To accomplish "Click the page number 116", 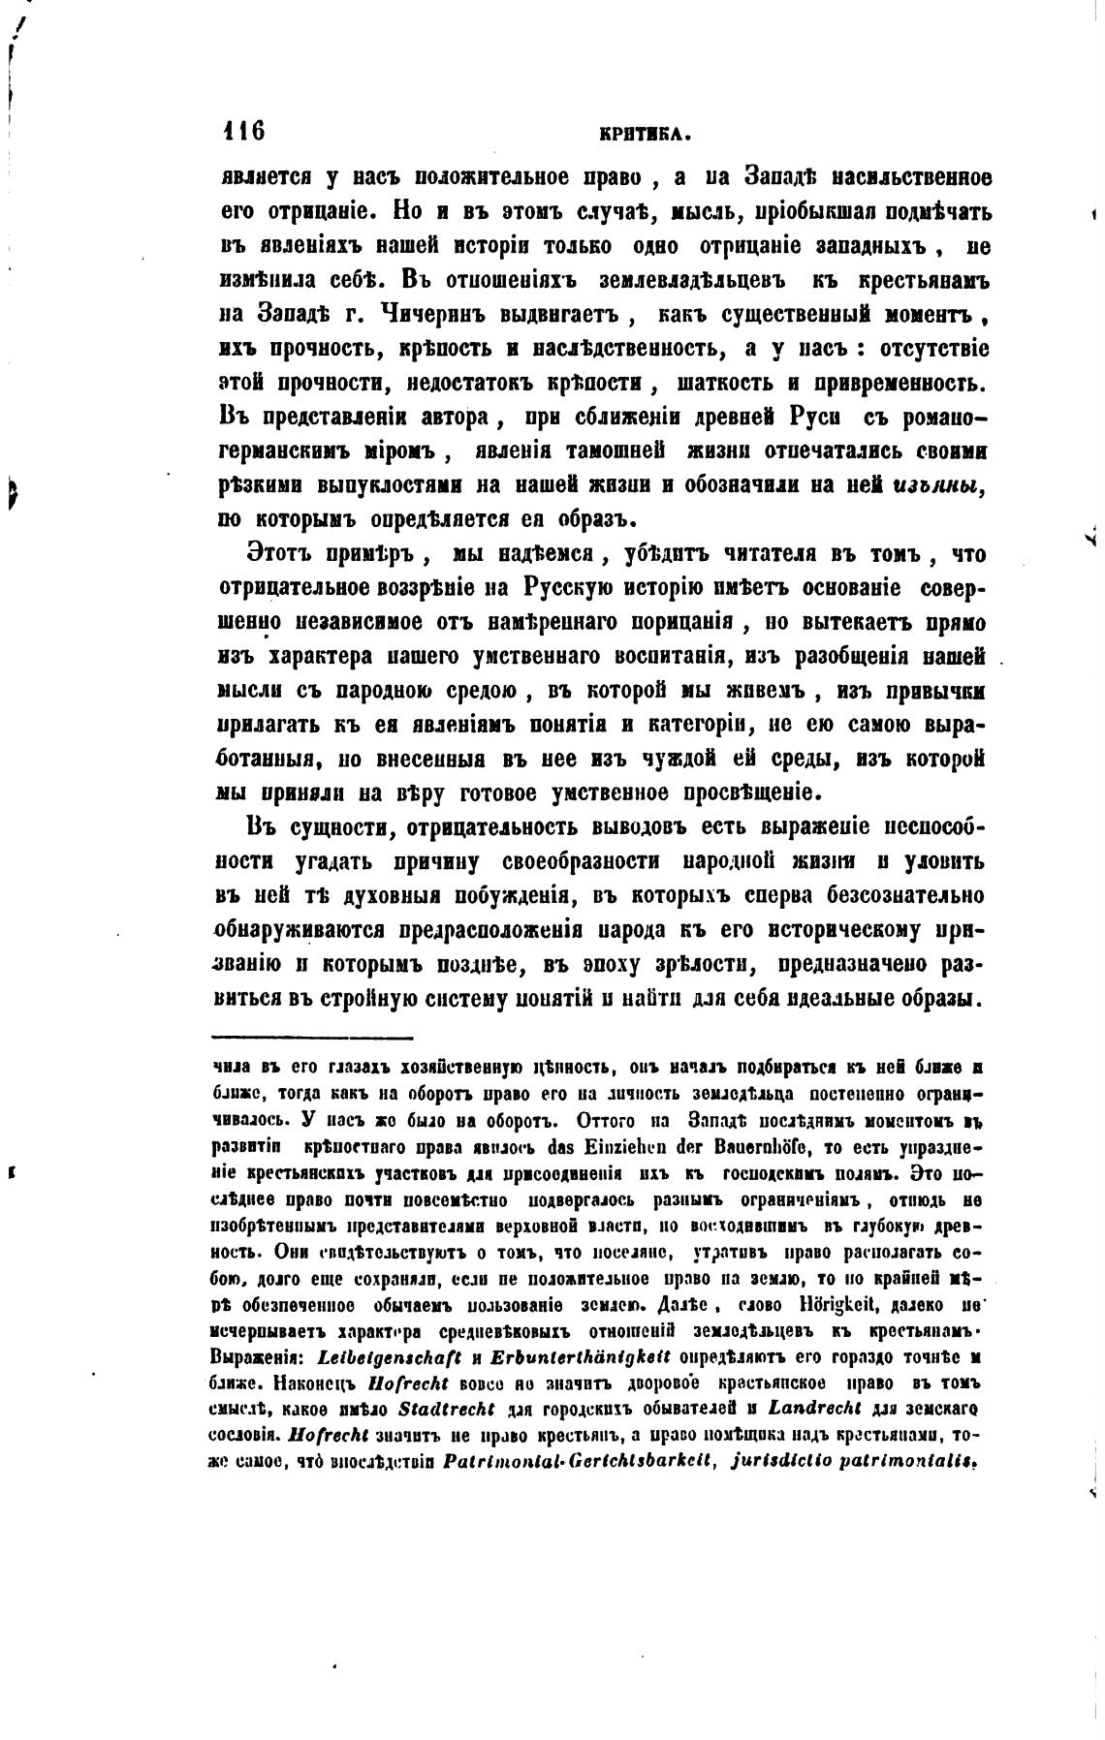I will pyautogui.click(x=243, y=130).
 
